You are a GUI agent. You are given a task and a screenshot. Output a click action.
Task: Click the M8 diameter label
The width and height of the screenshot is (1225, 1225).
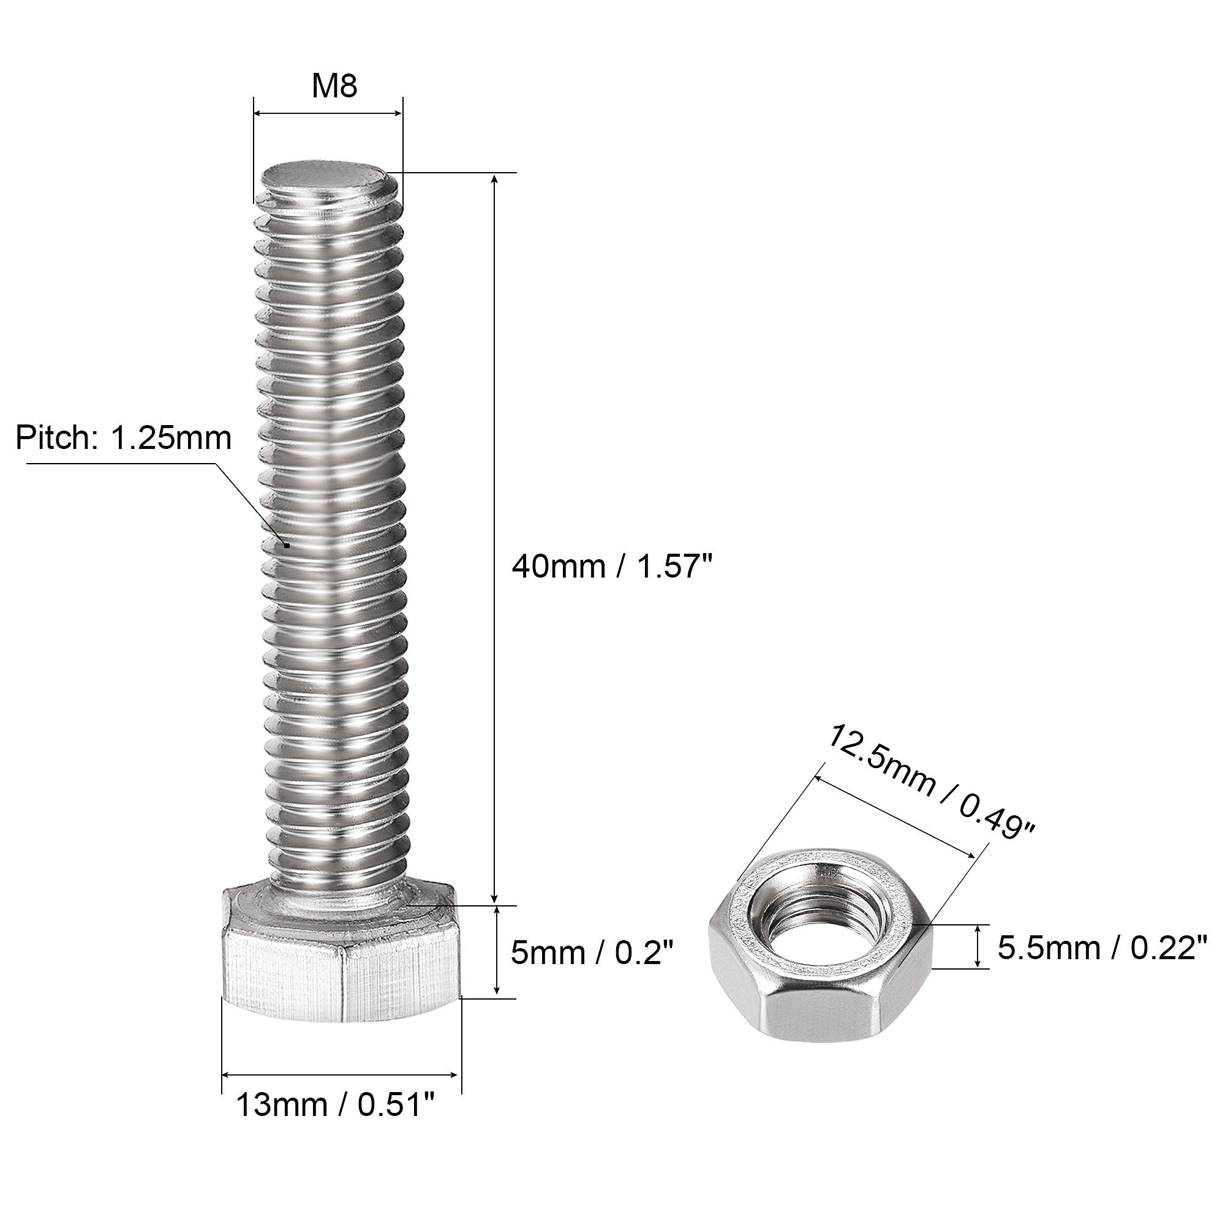(x=334, y=87)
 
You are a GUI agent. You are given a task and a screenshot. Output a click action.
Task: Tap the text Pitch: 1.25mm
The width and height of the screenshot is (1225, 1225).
(x=124, y=438)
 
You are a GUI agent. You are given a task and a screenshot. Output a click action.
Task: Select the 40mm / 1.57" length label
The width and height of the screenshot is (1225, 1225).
(x=612, y=566)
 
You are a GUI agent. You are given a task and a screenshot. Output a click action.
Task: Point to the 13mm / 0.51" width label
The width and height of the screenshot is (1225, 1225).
(x=336, y=1106)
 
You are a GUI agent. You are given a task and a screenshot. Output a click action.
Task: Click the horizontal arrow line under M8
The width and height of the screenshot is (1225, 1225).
(x=328, y=113)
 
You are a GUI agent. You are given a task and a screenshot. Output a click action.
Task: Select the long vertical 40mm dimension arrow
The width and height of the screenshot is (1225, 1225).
(x=495, y=539)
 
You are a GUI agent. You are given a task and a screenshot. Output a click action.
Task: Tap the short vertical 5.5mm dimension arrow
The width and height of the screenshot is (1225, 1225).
(x=980, y=947)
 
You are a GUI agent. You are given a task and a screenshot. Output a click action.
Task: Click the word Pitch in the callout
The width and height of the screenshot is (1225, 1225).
(x=53, y=438)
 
